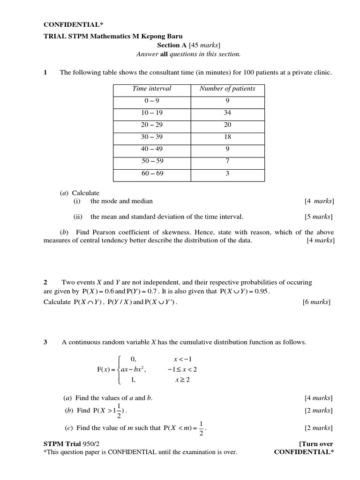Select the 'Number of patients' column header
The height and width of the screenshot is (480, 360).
tap(227, 89)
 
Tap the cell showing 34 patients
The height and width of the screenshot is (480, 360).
tap(227, 113)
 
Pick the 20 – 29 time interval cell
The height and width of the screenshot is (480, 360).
tap(151, 125)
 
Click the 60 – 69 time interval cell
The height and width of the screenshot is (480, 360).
tap(151, 173)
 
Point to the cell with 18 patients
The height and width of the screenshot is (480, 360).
tap(227, 137)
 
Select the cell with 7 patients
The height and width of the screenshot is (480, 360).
tap(227, 161)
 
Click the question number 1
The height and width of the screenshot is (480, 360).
tap(45, 72)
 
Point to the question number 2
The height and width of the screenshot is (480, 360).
tap(45, 282)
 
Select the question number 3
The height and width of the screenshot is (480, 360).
tap(45, 342)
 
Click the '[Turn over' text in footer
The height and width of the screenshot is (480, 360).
tap(315, 444)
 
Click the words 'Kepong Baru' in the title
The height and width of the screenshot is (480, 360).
tap(165, 36)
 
